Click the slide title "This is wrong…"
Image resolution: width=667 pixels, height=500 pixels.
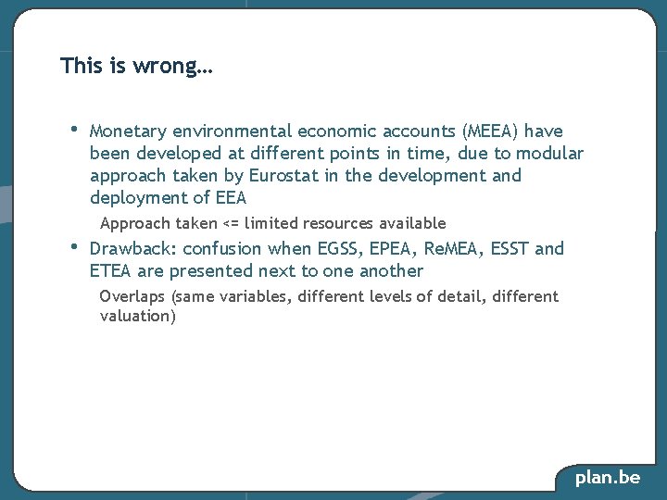click(136, 67)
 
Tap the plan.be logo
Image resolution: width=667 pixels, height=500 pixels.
click(608, 478)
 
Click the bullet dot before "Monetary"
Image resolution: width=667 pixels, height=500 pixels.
click(73, 128)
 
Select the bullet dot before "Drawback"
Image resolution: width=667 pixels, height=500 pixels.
click(73, 246)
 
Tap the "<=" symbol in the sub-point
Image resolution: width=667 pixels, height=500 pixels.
click(232, 223)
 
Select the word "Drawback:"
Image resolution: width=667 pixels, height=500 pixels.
click(132, 248)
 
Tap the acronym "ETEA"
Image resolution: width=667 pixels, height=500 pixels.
click(111, 271)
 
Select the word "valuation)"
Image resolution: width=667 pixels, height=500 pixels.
click(137, 317)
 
